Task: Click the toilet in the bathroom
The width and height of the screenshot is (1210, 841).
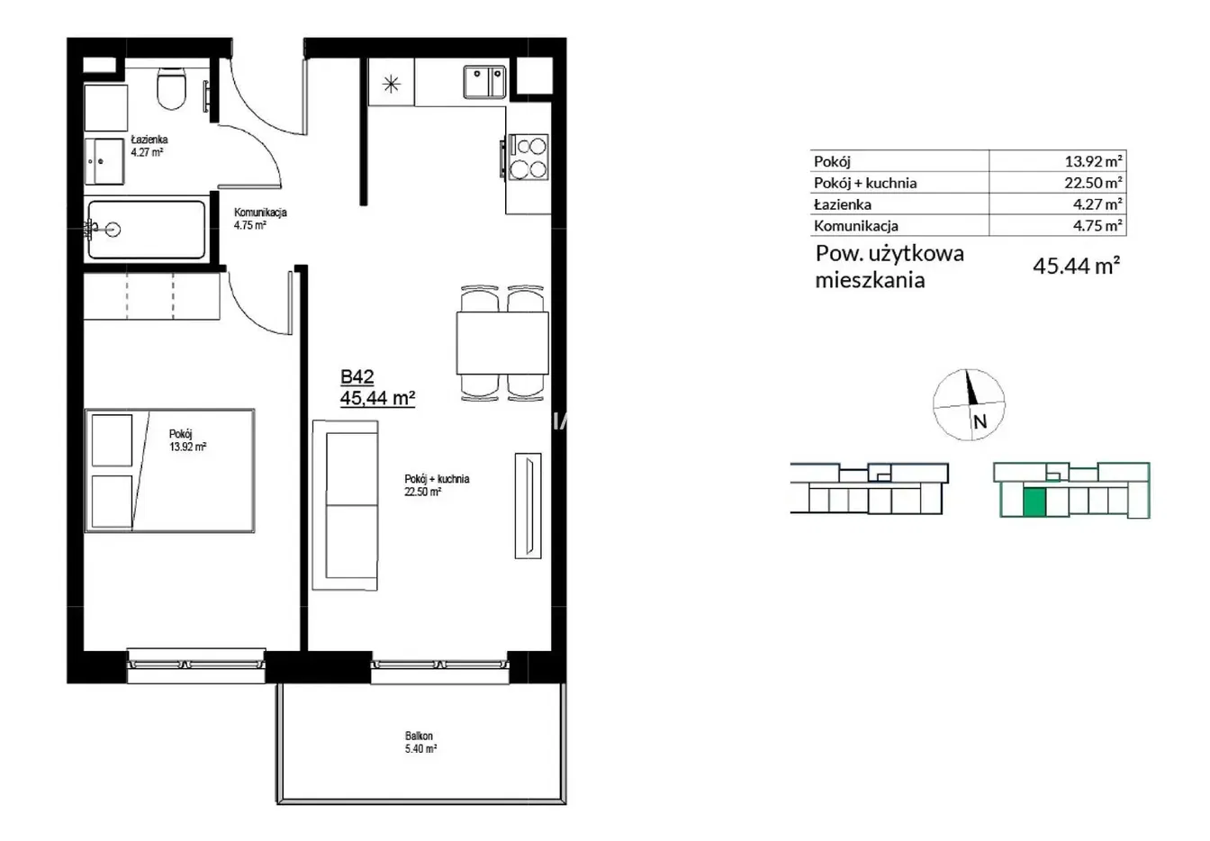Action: click(x=172, y=88)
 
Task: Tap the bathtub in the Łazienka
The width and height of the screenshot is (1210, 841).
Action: click(x=147, y=230)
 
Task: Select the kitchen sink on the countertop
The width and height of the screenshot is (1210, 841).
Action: click(x=484, y=82)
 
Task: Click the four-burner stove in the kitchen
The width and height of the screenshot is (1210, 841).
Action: click(x=528, y=158)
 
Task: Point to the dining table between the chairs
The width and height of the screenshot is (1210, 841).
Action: click(x=502, y=343)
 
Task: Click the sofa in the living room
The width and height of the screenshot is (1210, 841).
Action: click(x=345, y=505)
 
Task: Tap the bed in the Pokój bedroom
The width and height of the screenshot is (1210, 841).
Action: click(x=169, y=470)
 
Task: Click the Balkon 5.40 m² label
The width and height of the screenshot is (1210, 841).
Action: click(x=420, y=742)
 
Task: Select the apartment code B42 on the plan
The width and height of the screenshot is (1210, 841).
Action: click(x=357, y=376)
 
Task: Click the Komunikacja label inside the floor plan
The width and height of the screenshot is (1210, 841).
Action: click(x=260, y=213)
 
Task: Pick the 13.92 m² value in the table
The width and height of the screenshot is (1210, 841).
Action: click(x=1093, y=161)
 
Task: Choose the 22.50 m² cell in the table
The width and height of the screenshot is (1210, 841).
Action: click(x=1093, y=183)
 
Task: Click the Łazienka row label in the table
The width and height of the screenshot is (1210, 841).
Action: click(x=843, y=204)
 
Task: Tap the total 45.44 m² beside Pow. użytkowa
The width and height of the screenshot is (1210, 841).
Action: click(x=1077, y=266)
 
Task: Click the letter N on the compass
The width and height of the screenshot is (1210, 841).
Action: click(x=980, y=421)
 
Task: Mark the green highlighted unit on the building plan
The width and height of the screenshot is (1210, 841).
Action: click(x=1034, y=502)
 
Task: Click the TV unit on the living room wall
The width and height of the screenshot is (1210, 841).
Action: click(x=528, y=505)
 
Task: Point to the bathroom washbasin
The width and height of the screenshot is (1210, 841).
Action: click(x=104, y=161)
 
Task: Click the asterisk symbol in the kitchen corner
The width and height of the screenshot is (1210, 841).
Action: click(x=391, y=85)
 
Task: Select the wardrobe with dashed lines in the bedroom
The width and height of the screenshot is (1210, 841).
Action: click(x=152, y=296)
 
